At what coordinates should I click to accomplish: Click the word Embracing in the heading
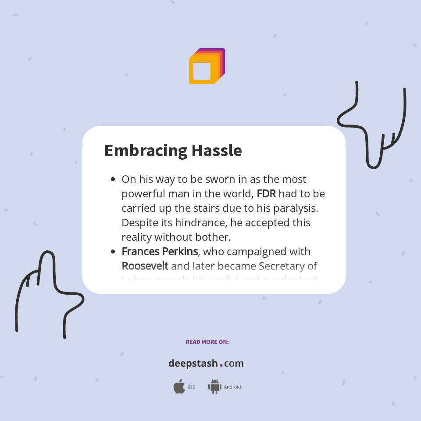click(x=145, y=151)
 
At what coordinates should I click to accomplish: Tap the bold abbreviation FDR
click(x=266, y=193)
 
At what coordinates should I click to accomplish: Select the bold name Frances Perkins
click(x=160, y=252)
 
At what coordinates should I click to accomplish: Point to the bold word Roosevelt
click(x=145, y=266)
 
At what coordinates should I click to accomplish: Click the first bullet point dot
click(x=113, y=179)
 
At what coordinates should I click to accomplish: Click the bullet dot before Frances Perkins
click(x=113, y=252)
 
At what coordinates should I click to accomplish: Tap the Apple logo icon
click(x=179, y=387)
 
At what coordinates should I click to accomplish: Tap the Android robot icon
click(x=214, y=387)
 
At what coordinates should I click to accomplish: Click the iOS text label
click(x=191, y=387)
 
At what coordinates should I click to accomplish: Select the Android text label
click(x=232, y=387)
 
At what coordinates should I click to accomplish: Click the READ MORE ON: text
click(x=207, y=342)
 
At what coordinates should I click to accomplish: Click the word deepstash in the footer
click(x=193, y=364)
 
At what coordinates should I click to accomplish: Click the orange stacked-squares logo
click(x=207, y=66)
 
